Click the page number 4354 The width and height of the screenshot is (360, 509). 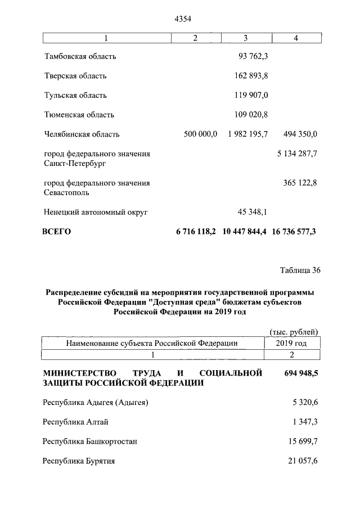[x=183, y=19]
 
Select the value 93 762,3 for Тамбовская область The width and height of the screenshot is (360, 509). [x=253, y=57]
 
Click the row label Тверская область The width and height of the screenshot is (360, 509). [x=75, y=76]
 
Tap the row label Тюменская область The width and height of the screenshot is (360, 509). [x=79, y=115]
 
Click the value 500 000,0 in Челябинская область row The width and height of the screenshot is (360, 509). [x=200, y=134]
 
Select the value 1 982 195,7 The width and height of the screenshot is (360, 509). [x=248, y=134]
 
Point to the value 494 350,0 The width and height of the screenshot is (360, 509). [x=299, y=134]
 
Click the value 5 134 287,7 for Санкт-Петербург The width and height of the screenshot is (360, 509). [x=296, y=154]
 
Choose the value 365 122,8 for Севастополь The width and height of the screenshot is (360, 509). [x=300, y=183]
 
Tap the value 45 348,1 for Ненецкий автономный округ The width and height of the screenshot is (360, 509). [x=253, y=212]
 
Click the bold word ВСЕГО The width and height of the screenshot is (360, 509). [x=57, y=232]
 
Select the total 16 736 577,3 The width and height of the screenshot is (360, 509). [x=294, y=232]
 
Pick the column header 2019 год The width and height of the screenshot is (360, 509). [x=292, y=343]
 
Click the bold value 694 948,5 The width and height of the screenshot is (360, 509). [x=296, y=373]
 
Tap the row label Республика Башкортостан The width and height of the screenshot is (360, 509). [x=90, y=442]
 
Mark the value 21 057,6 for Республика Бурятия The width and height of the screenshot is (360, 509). [x=301, y=461]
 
